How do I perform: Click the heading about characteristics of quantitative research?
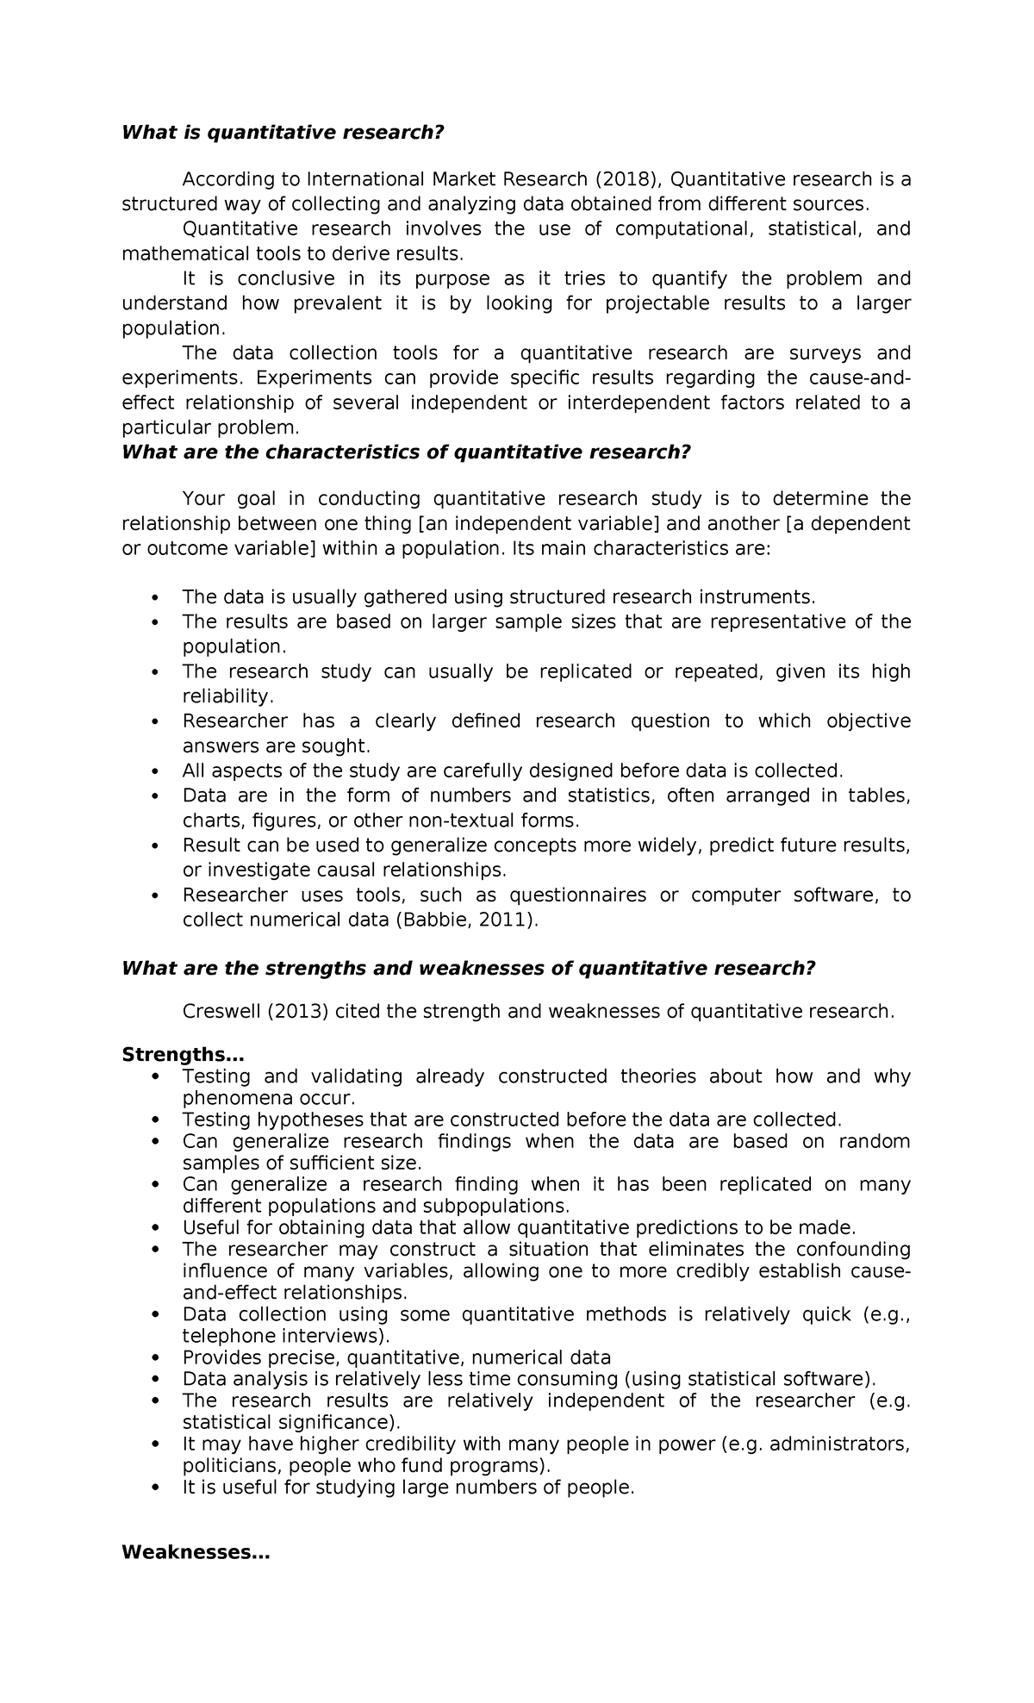tap(407, 452)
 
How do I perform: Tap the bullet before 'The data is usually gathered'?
tap(155, 598)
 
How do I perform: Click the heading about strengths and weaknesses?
tap(468, 968)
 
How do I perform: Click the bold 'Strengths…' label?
tap(183, 1055)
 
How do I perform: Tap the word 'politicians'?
tap(230, 1466)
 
